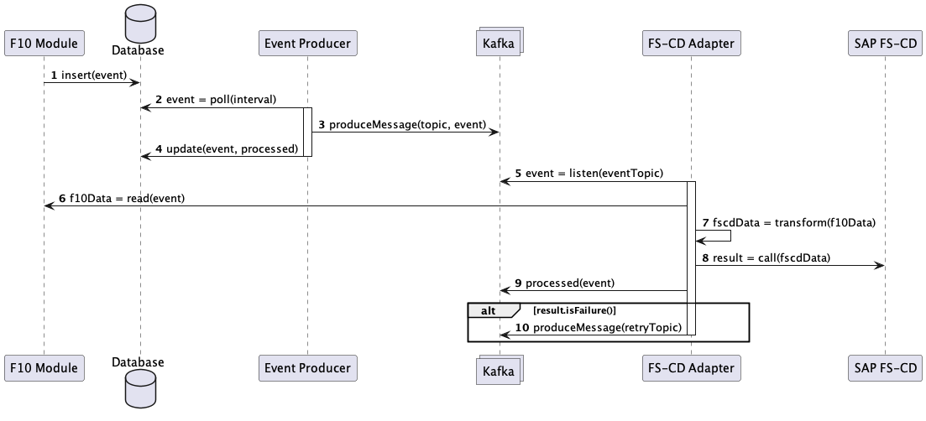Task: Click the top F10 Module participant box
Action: [x=44, y=43]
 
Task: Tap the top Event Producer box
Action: [x=306, y=43]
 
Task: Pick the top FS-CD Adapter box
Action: [x=690, y=43]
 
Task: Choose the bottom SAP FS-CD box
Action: [x=884, y=367]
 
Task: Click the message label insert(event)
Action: [x=94, y=75]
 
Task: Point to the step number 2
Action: [x=159, y=100]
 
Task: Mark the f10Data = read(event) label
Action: [x=122, y=198]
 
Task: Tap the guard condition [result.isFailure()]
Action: [x=574, y=309]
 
